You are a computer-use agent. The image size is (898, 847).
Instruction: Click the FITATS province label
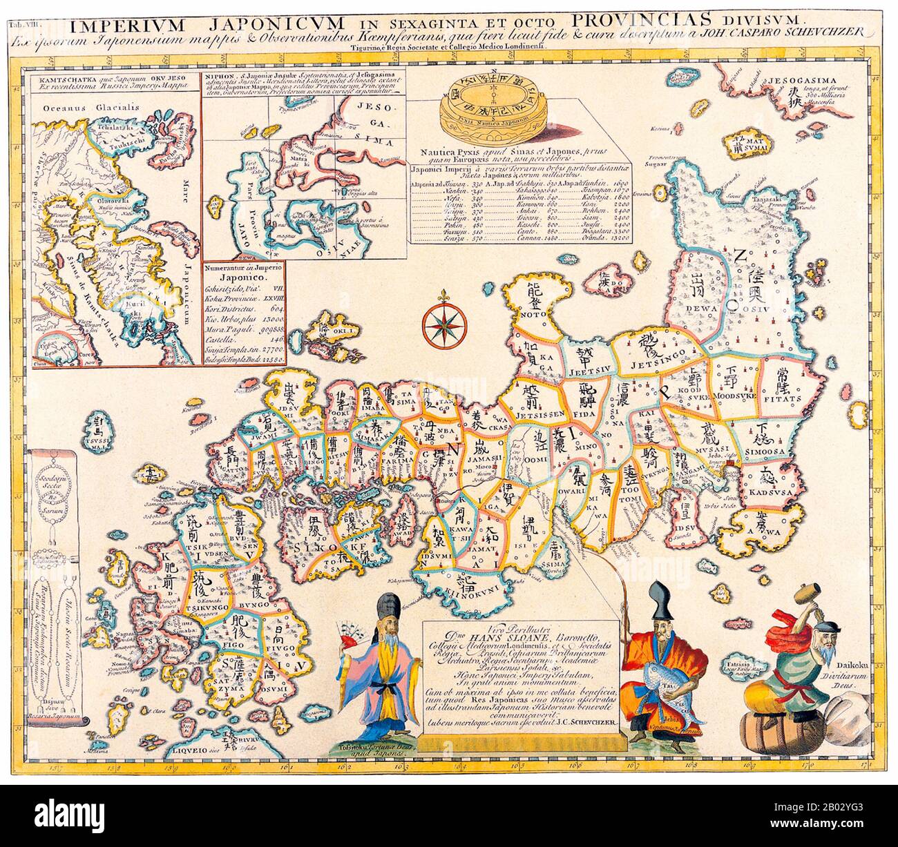coord(782,398)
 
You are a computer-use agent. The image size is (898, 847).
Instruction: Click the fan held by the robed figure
coord(356,630)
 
